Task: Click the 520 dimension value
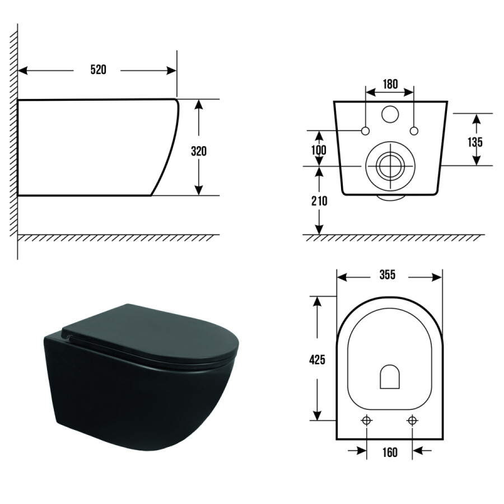(x=98, y=69)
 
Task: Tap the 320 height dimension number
(x=199, y=151)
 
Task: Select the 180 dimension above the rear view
(x=390, y=84)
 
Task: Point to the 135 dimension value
(x=475, y=142)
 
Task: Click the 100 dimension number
(x=319, y=150)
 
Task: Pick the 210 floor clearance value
(x=319, y=201)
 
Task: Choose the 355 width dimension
(x=388, y=275)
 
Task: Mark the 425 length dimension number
(x=317, y=360)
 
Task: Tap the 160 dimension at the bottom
(x=390, y=452)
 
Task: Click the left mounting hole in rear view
(x=366, y=131)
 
